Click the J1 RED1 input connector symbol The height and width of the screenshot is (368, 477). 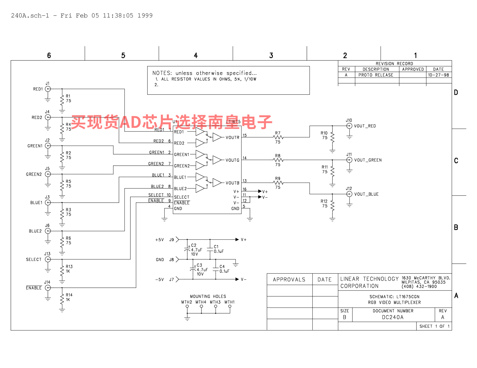(x=48, y=89)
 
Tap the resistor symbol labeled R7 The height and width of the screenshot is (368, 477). (x=278, y=137)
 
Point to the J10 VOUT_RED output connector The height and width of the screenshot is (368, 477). (x=349, y=126)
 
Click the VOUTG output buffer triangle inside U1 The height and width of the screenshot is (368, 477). (x=217, y=160)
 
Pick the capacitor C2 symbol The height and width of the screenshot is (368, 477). (x=187, y=250)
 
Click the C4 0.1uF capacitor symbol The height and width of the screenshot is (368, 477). (x=216, y=269)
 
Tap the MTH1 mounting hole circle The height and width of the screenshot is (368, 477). (x=230, y=307)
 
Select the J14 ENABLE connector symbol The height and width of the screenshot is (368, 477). (x=48, y=288)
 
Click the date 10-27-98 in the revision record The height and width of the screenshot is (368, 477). (x=438, y=75)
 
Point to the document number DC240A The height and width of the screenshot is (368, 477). (x=393, y=317)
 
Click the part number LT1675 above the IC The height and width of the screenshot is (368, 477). (x=233, y=122)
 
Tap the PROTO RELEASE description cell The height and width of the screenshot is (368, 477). (x=376, y=75)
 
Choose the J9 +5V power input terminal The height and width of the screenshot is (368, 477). (x=177, y=240)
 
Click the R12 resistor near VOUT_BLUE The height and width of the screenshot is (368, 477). (x=332, y=206)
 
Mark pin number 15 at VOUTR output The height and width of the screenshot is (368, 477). (x=245, y=135)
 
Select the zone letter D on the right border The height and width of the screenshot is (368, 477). (x=456, y=93)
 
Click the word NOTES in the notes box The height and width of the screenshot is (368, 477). (x=162, y=73)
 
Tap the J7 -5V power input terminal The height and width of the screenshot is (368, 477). (x=177, y=279)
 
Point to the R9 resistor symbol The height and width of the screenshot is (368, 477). (x=278, y=182)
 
